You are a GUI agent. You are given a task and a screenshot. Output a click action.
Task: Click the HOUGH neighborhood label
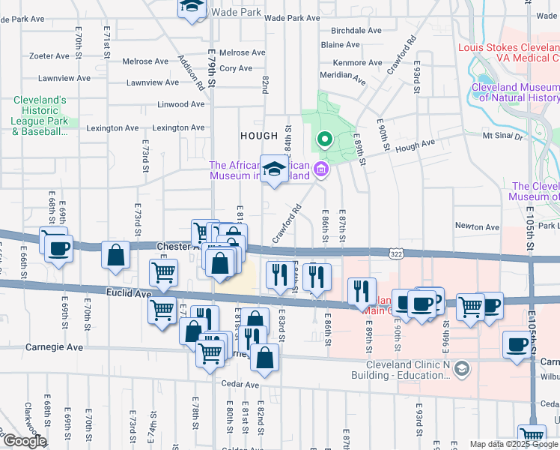click(x=258, y=135)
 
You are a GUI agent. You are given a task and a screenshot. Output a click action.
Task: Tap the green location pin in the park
click(x=324, y=139)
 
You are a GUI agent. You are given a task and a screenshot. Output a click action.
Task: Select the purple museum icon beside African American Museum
click(x=322, y=170)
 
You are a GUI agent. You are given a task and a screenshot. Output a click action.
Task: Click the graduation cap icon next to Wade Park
click(x=192, y=7)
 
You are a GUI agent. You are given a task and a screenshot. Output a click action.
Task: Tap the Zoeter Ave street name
click(x=51, y=55)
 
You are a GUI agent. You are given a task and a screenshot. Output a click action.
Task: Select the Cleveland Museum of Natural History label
click(x=515, y=92)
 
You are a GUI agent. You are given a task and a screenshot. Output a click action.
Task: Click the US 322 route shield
click(x=395, y=255)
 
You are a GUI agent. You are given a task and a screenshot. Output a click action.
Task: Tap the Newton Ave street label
click(x=477, y=226)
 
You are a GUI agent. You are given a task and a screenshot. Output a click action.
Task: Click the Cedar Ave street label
click(x=240, y=384)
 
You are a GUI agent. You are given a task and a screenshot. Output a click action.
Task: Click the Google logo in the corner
click(x=24, y=441)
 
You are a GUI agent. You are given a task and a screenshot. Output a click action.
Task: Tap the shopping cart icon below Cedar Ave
click(x=531, y=435)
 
